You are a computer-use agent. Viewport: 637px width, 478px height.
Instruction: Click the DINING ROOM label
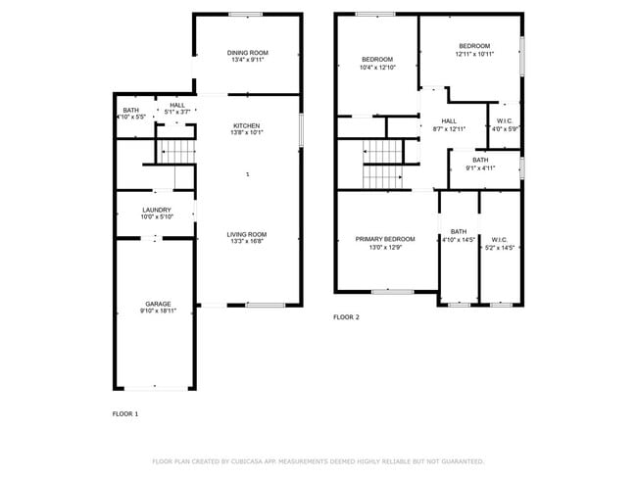click(247, 53)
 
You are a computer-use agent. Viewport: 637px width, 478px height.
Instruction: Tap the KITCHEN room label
click(246, 125)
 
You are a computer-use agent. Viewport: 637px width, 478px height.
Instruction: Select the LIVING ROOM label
click(247, 234)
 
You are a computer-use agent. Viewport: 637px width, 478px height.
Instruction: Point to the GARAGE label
click(158, 304)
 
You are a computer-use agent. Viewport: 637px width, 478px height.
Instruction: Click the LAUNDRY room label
click(157, 210)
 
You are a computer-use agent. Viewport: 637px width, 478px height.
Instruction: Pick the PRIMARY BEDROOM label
click(384, 239)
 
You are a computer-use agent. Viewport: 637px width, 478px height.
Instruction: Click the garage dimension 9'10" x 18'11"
click(158, 311)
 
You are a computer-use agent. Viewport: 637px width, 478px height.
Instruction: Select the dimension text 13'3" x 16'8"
click(247, 242)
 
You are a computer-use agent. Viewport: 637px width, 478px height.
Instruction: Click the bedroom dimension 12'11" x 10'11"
click(474, 54)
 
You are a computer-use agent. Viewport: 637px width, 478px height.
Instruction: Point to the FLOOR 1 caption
click(125, 414)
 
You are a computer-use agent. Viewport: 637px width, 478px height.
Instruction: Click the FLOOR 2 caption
click(346, 317)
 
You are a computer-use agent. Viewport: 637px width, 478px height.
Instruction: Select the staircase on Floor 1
click(177, 152)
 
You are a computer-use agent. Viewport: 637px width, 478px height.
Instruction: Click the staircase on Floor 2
click(382, 164)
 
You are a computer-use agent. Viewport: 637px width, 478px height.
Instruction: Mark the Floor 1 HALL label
click(176, 105)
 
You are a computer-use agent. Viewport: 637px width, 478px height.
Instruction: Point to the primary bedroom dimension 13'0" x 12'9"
click(384, 247)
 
